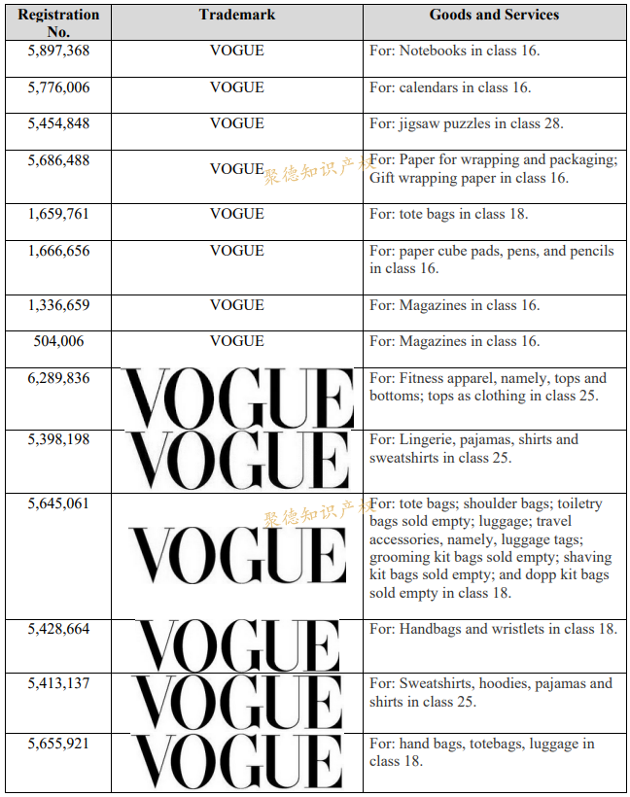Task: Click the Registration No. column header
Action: (x=58, y=22)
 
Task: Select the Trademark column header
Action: (x=236, y=15)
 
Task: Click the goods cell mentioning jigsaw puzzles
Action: (x=467, y=123)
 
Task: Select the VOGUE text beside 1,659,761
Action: (x=236, y=214)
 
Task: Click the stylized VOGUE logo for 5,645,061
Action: (x=236, y=554)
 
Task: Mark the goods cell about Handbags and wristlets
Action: (x=493, y=629)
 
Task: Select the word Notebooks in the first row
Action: (x=435, y=51)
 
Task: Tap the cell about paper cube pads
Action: (x=491, y=260)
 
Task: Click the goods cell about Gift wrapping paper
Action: (x=492, y=169)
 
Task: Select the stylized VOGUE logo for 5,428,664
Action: (x=236, y=645)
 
